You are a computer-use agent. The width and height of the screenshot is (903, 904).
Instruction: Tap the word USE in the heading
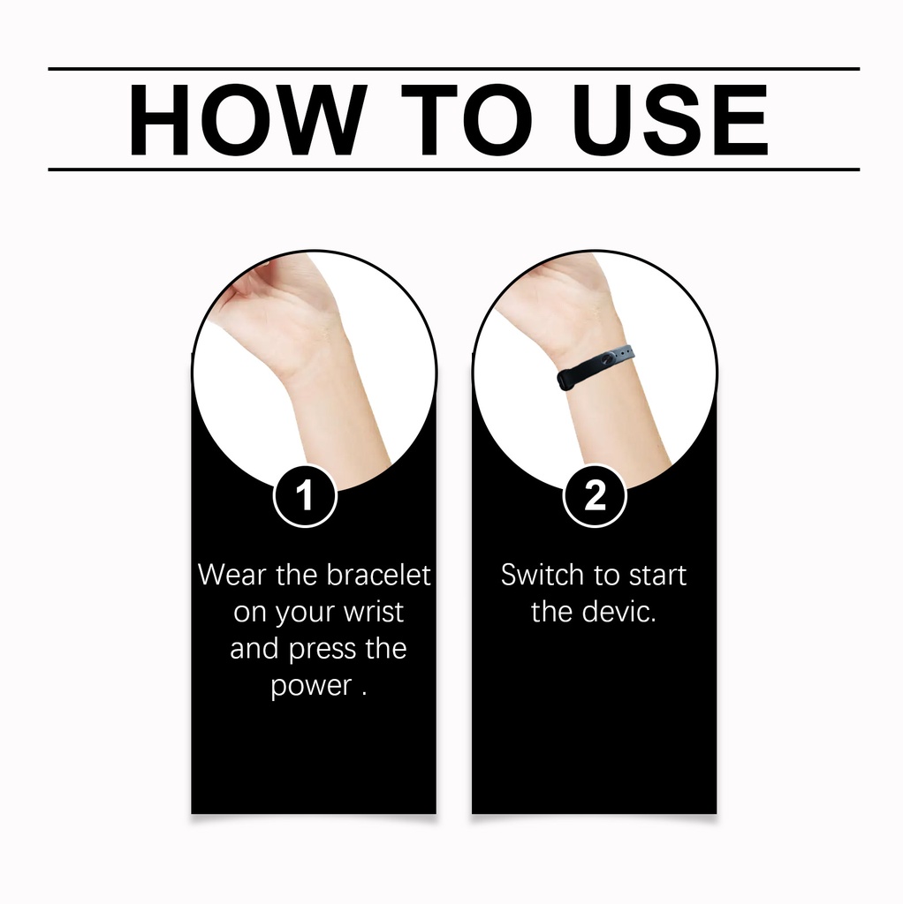click(670, 120)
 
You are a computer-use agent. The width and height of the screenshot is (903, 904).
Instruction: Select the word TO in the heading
click(467, 120)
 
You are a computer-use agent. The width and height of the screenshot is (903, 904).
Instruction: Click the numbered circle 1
click(305, 495)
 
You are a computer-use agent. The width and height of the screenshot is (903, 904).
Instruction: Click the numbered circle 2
click(595, 495)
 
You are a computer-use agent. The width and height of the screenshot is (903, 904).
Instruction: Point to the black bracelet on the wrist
click(596, 367)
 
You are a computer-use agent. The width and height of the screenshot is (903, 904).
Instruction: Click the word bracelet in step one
click(378, 575)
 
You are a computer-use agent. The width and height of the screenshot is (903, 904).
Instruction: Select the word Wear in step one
click(232, 575)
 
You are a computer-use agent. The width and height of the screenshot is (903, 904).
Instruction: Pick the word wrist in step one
click(374, 611)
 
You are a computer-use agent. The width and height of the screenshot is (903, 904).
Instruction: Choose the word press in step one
click(322, 650)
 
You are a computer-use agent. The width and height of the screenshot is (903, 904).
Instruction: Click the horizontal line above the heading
click(453, 69)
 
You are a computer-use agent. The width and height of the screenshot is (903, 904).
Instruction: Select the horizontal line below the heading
click(453, 169)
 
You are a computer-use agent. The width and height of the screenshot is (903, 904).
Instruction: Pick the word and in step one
click(254, 649)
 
